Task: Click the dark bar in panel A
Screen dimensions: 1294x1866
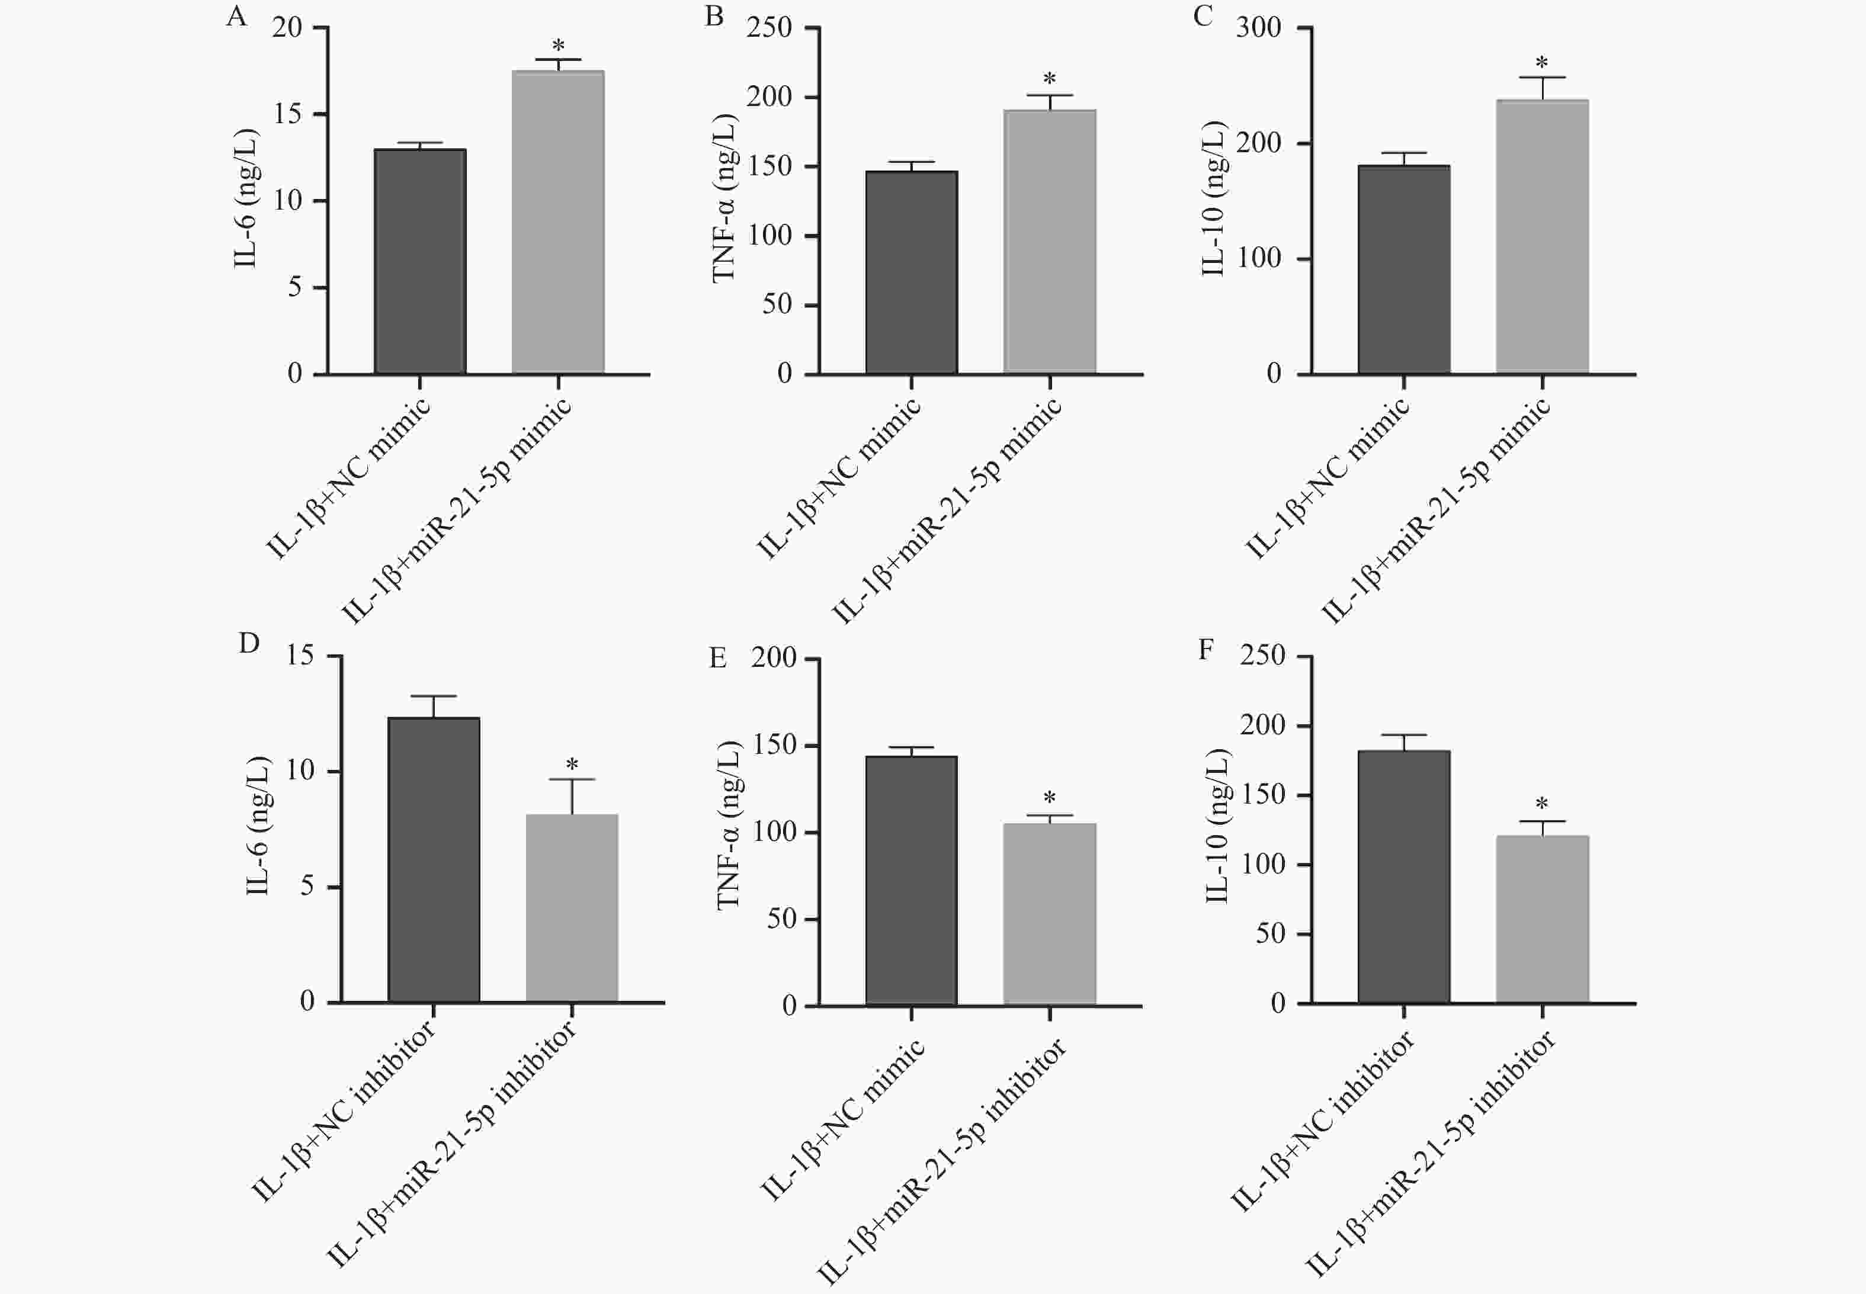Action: click(419, 261)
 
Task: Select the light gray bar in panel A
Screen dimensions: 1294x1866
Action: click(558, 222)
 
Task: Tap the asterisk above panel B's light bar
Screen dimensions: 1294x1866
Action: click(1049, 79)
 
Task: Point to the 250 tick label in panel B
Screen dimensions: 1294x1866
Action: click(770, 28)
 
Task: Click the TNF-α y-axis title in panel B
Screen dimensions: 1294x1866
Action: click(723, 198)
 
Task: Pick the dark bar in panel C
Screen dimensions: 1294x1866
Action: click(1404, 269)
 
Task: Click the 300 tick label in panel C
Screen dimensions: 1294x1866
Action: click(1259, 28)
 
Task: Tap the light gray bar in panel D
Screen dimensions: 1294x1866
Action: click(572, 908)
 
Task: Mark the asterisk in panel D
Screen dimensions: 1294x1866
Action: click(572, 765)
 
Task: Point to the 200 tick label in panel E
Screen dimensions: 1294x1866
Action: click(774, 657)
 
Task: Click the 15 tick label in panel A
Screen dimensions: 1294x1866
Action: click(288, 114)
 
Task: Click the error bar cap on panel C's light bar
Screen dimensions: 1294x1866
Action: click(1541, 78)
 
